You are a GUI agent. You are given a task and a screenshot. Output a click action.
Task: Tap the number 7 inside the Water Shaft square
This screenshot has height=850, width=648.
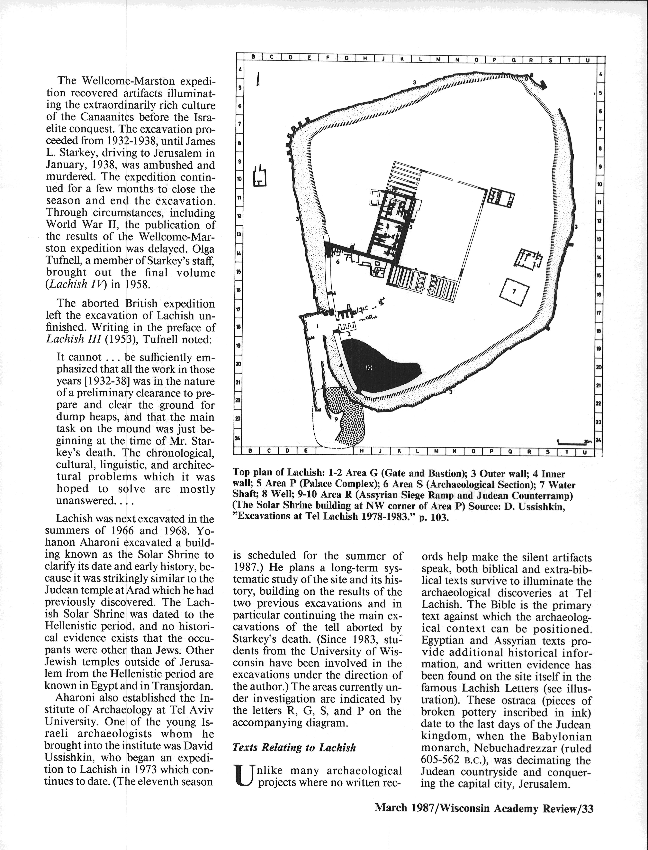pyautogui.click(x=514, y=291)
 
